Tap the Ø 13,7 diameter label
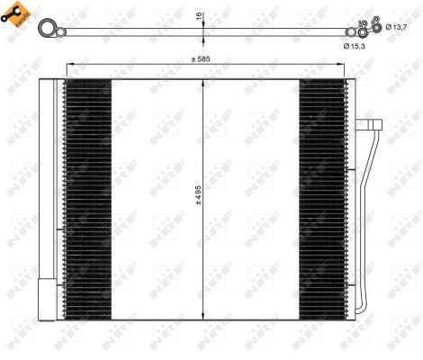[397, 27]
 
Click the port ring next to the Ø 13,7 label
[377, 27]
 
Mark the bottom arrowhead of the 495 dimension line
[206, 319]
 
